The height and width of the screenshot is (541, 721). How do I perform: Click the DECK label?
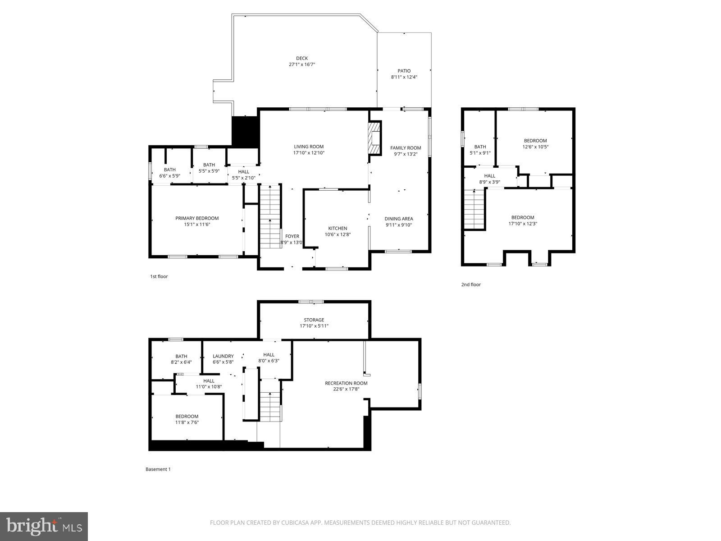pos(302,58)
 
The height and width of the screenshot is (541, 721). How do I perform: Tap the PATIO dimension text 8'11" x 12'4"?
pos(404,77)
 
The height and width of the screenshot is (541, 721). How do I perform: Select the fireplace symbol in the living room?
pos(374,138)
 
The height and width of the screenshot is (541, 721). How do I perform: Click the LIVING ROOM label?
pos(309,147)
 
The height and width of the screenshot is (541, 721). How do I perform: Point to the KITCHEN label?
pos(338,228)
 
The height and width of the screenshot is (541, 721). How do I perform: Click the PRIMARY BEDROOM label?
pos(197,218)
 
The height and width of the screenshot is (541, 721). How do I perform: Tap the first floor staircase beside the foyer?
pos(270,216)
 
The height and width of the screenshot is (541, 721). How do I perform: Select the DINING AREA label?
pos(399,219)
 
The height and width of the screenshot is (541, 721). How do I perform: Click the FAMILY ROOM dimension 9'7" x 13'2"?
pos(406,154)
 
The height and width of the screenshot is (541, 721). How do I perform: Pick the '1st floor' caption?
pos(159,276)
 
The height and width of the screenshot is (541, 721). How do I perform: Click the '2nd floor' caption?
pos(471,284)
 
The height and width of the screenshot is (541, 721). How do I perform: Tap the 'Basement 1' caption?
pos(158,469)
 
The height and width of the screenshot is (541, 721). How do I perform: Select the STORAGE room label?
pos(314,320)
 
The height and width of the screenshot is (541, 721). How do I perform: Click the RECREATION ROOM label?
pos(346,383)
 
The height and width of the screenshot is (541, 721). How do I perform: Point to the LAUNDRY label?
pos(223,356)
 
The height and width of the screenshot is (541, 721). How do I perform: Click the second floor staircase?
pos(474,210)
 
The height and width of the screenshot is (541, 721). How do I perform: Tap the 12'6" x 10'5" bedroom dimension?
pos(535,147)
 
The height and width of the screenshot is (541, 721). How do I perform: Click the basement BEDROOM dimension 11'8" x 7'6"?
pos(187,422)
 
